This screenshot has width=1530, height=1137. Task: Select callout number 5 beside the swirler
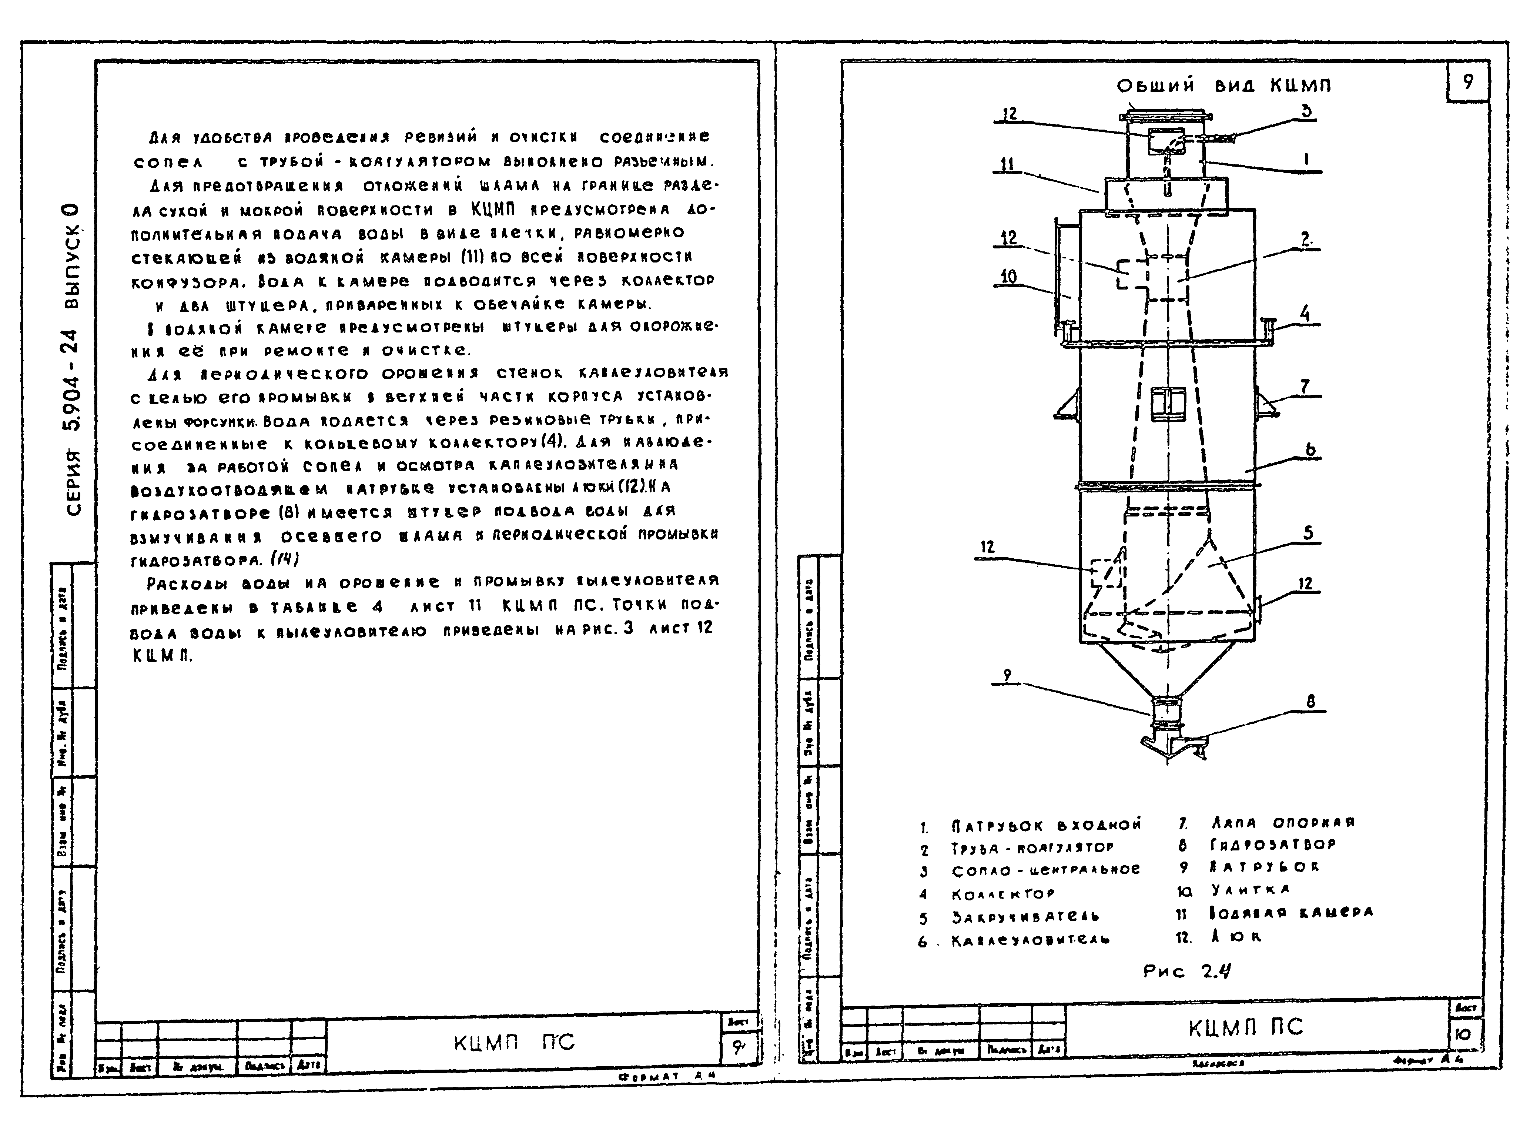1308,533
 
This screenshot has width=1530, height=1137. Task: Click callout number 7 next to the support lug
1304,387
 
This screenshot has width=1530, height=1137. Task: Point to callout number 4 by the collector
1304,314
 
